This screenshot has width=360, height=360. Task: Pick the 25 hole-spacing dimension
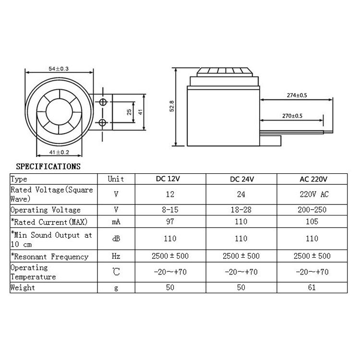[129, 112]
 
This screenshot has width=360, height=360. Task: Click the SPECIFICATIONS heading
[48, 167]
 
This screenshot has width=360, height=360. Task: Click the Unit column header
[116, 179]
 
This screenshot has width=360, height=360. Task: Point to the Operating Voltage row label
[46, 210]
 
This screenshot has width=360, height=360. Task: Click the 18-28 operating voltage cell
[241, 210]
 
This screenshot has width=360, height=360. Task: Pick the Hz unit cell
[116, 256]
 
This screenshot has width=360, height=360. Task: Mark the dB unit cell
[116, 239]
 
